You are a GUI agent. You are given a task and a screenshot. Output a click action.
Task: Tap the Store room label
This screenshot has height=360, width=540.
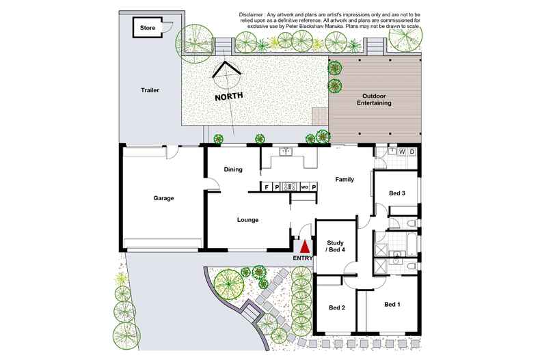pos(148,28)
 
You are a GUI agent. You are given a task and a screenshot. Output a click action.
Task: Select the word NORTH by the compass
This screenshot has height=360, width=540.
pos(229,97)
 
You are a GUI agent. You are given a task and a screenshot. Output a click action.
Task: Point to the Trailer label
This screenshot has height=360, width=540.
pos(150,90)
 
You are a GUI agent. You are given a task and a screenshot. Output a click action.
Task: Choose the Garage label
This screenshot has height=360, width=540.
pos(163,198)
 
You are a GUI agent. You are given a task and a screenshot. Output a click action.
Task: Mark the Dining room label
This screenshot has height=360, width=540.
pos(234,169)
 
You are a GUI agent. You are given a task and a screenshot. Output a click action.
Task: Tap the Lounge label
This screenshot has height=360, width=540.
pos(247,220)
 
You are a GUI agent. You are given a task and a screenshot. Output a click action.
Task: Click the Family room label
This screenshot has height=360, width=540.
pos(344,179)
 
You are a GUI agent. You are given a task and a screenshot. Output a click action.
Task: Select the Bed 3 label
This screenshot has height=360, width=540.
pos(397,193)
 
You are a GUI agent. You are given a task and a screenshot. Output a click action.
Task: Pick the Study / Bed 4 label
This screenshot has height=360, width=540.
pos(335,246)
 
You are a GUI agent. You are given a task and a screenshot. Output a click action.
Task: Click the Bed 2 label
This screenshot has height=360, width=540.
pos(337,307)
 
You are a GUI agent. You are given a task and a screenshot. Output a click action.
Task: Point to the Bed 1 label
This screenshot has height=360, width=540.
pos(392,304)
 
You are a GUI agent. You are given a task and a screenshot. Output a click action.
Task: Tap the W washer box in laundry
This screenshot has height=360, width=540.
pos(402,152)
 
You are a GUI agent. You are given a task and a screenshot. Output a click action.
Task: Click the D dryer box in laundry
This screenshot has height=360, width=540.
pos(411,152)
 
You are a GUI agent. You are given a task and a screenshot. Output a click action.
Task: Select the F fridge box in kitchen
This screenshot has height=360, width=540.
pos(267,186)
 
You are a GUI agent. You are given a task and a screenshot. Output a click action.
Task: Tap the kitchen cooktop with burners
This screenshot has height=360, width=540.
pos(288,186)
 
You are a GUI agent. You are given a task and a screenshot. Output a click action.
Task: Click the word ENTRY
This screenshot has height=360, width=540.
pos(302,258)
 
